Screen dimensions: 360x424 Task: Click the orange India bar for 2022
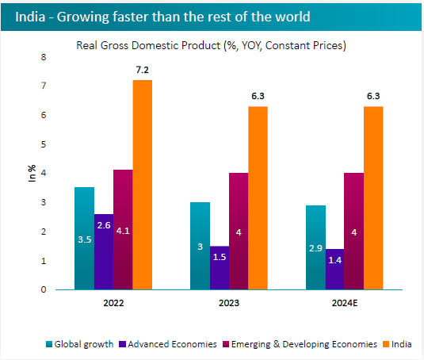pyautogui.click(x=143, y=185)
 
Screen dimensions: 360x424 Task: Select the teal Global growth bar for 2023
pyautogui.click(x=201, y=246)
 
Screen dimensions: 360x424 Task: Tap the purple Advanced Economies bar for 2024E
pyautogui.click(x=335, y=269)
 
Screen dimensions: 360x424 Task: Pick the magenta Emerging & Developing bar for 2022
pyautogui.click(x=123, y=229)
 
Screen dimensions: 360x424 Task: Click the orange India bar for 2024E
pyautogui.click(x=373, y=197)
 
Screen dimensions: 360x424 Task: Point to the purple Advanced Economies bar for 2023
pyautogui.click(x=220, y=267)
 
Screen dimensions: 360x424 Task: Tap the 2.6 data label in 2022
pyautogui.click(x=104, y=225)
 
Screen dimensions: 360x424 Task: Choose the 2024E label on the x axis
pyautogui.click(x=345, y=303)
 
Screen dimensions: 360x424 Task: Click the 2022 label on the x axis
pyautogui.click(x=113, y=303)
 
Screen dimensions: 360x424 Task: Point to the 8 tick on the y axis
pyautogui.click(x=44, y=57)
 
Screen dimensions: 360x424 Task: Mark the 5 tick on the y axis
pyautogui.click(x=44, y=144)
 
